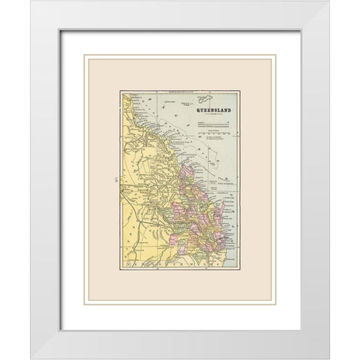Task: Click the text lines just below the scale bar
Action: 214,139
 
